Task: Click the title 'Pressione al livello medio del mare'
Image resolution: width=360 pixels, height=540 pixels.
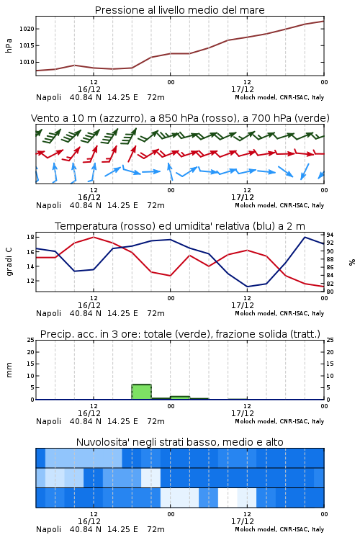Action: pyautogui.click(x=179, y=10)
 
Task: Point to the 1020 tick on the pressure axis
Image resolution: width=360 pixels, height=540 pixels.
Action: pyautogui.click(x=27, y=29)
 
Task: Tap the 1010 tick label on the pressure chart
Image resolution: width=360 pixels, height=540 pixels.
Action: pyautogui.click(x=27, y=63)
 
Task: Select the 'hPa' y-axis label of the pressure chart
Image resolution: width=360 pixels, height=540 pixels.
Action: pyautogui.click(x=9, y=45)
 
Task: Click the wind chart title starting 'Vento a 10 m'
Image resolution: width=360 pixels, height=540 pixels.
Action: pyautogui.click(x=180, y=118)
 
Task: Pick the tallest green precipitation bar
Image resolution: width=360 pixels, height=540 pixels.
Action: pyautogui.click(x=142, y=392)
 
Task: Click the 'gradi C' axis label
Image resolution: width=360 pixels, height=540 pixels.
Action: pyautogui.click(x=9, y=261)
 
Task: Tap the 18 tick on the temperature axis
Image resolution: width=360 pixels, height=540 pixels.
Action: pyautogui.click(x=30, y=237)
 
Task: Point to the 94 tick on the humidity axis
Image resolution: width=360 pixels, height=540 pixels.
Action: pyautogui.click(x=330, y=235)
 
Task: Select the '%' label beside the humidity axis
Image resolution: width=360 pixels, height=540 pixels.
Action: pyautogui.click(x=352, y=262)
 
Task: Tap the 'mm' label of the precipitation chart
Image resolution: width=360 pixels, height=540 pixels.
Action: pyautogui.click(x=9, y=370)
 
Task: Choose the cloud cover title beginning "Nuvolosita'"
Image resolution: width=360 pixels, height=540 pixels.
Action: pyautogui.click(x=179, y=442)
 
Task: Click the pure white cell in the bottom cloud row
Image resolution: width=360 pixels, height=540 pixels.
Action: pyautogui.click(x=228, y=498)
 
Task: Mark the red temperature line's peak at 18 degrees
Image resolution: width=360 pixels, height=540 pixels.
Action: pyautogui.click(x=94, y=237)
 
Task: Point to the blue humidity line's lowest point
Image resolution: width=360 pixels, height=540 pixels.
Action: pyautogui.click(x=248, y=287)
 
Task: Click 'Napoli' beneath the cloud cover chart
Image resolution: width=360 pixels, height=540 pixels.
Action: pyautogui.click(x=48, y=529)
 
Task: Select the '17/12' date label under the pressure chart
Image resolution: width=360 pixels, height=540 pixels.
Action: pyautogui.click(x=243, y=89)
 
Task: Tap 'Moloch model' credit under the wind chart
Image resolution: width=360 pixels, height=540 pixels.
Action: pyautogui.click(x=256, y=205)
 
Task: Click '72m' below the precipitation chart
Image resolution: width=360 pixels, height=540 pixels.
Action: pyautogui.click(x=156, y=421)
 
